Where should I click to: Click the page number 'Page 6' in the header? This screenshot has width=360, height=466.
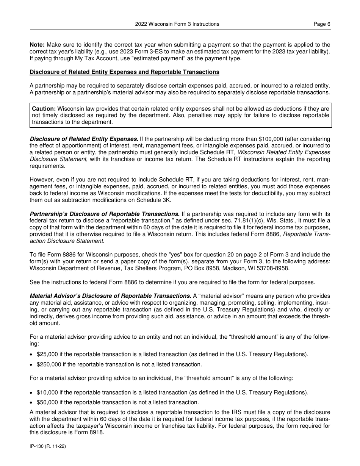tap(322, 24)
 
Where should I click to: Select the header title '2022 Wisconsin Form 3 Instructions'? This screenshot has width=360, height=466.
tap(177, 24)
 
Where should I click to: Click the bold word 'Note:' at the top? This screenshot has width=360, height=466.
tap(37, 45)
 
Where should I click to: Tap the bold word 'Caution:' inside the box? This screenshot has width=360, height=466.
tap(44, 109)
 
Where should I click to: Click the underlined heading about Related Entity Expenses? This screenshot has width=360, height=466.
tap(124, 72)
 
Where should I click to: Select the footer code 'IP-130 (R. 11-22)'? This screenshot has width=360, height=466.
tap(48, 447)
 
